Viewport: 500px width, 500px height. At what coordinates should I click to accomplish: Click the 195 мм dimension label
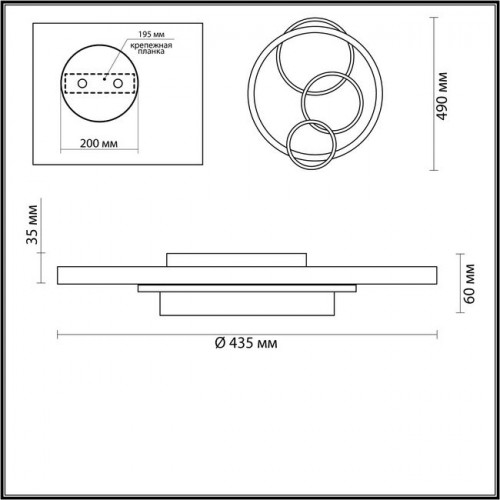tap(151, 34)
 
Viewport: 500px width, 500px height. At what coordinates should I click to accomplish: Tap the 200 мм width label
tap(99, 143)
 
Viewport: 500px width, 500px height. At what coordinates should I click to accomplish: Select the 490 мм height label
tap(442, 96)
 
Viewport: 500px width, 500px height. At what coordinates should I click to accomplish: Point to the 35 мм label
tap(32, 224)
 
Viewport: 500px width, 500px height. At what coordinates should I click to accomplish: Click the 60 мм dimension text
tap(469, 284)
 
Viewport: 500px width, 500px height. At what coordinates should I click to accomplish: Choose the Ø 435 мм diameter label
tap(246, 343)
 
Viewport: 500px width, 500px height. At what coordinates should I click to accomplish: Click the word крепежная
tap(151, 45)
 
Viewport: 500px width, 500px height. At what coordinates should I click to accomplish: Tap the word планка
tap(151, 52)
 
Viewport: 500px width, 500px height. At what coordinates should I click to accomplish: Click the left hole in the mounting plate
tap(82, 83)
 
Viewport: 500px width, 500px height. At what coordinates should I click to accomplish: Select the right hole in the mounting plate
tap(118, 83)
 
